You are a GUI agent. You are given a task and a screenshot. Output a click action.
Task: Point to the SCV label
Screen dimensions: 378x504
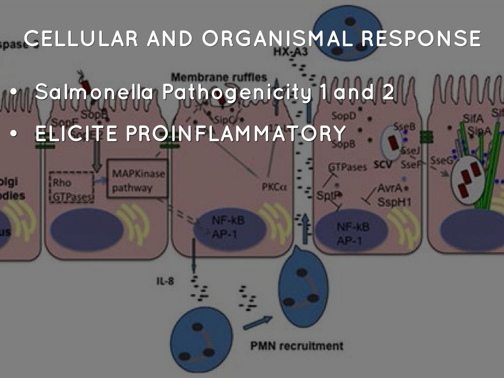point(382,165)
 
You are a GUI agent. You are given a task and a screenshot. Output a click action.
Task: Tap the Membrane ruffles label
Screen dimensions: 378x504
point(219,77)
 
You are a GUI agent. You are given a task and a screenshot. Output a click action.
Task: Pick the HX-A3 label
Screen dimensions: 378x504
point(289,52)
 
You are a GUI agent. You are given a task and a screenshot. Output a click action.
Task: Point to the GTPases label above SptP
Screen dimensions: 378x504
point(347,167)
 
